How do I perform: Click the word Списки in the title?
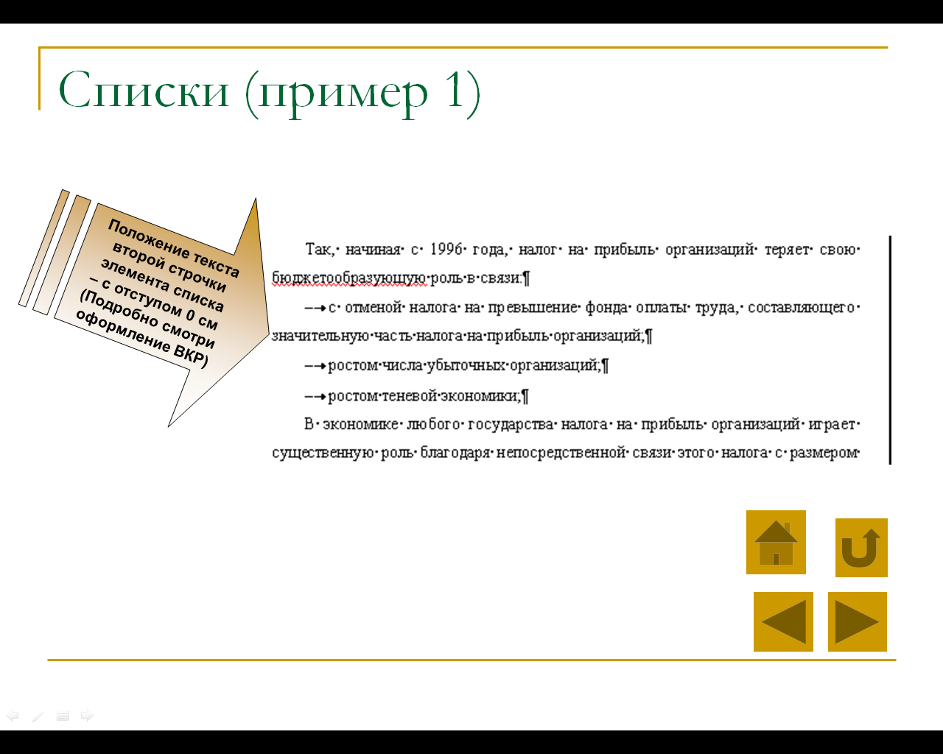(x=144, y=91)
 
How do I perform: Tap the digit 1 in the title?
(x=454, y=90)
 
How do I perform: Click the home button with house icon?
(x=776, y=542)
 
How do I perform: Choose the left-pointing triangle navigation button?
(x=783, y=621)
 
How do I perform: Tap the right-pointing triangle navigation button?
(x=857, y=621)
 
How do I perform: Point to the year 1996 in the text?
(x=446, y=250)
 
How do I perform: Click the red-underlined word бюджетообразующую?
(x=348, y=278)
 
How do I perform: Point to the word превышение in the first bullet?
(x=533, y=308)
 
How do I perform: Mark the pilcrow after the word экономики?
(x=525, y=396)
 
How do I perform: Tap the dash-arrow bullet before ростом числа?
(x=315, y=365)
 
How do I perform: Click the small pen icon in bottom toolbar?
(x=38, y=716)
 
